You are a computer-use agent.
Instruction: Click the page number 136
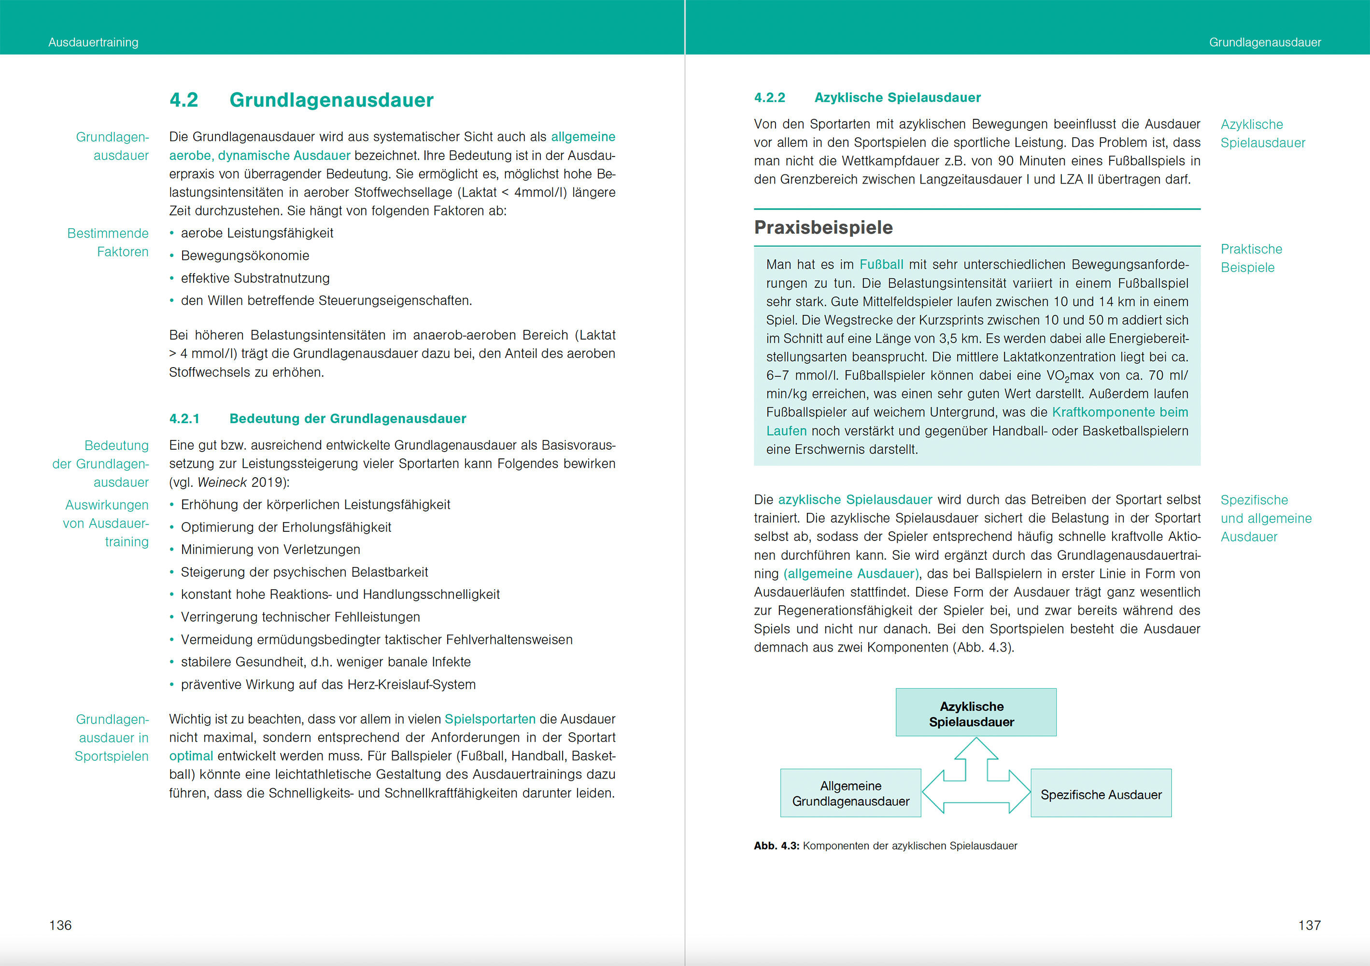tap(60, 925)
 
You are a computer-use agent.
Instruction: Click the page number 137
tap(1309, 925)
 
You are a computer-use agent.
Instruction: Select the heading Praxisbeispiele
tap(823, 227)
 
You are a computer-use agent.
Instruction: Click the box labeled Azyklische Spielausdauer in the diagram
tap(975, 713)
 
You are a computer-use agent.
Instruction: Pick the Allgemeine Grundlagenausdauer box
tap(850, 793)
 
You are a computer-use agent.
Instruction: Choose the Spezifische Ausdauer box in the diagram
tap(1101, 794)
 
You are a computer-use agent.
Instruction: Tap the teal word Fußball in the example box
tap(881, 264)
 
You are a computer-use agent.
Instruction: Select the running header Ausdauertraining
tap(94, 43)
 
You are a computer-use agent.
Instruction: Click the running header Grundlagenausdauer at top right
tap(1265, 43)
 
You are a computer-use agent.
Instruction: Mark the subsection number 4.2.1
tap(184, 419)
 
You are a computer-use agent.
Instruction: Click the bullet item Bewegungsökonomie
tap(245, 256)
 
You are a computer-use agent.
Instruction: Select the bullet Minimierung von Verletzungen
tap(270, 550)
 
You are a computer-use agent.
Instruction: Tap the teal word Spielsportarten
tap(490, 719)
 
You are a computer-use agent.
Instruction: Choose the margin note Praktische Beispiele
tap(1251, 258)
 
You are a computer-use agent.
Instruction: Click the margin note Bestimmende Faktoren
tap(109, 242)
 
